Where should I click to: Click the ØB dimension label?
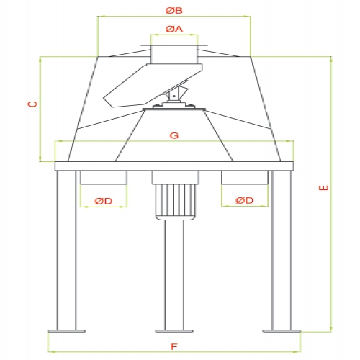pyautogui.click(x=174, y=11)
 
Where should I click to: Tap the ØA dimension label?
pyautogui.click(x=174, y=29)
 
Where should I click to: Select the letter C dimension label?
pyautogui.click(x=33, y=104)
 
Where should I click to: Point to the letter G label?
pyautogui.click(x=174, y=135)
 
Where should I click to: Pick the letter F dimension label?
pyautogui.click(x=174, y=347)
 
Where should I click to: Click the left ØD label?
pyautogui.click(x=104, y=201)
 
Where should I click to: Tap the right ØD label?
pyautogui.click(x=244, y=200)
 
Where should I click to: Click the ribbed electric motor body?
pyautogui.click(x=176, y=202)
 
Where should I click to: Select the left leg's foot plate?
pyautogui.click(x=66, y=331)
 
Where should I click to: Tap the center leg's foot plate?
pyautogui.click(x=174, y=331)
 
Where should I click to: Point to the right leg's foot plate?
pyautogui.click(x=282, y=331)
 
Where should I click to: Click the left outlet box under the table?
pyautogui.click(x=104, y=177)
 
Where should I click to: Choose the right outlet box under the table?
pyautogui.click(x=245, y=177)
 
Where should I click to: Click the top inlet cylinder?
pyautogui.click(x=174, y=55)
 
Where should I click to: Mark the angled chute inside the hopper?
pyautogui.click(x=153, y=85)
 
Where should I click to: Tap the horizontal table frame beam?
pyautogui.click(x=174, y=166)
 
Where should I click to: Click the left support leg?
pyautogui.click(x=66, y=251)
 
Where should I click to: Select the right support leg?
pyautogui.click(x=282, y=251)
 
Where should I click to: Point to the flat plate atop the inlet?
pyautogui.click(x=174, y=45)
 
